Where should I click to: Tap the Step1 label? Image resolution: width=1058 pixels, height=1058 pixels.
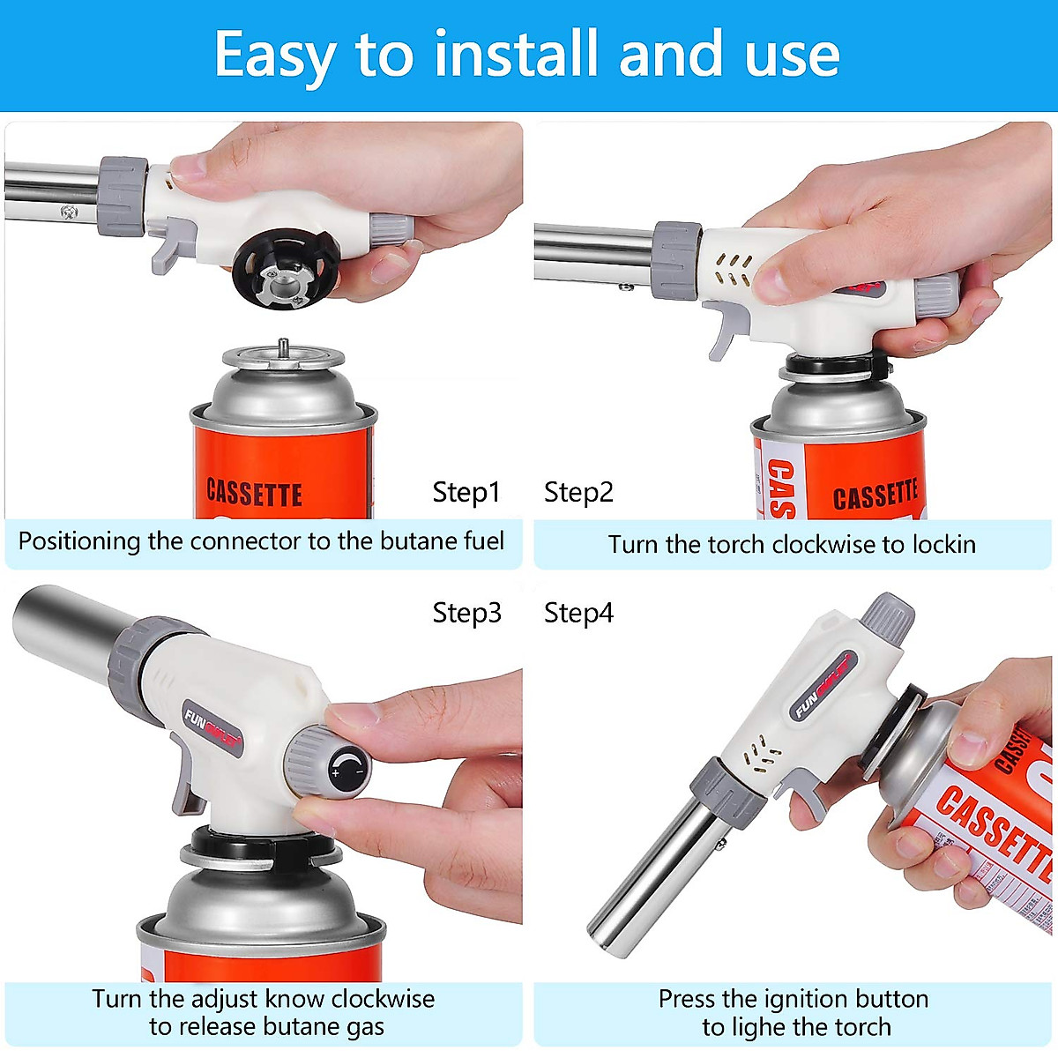[x=466, y=492]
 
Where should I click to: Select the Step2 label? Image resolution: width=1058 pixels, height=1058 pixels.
[x=578, y=492]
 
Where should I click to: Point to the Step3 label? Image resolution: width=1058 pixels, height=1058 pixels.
[x=466, y=612]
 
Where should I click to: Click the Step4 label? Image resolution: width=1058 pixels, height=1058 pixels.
[x=578, y=612]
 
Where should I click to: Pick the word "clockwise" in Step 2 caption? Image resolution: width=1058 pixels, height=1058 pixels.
[x=826, y=544]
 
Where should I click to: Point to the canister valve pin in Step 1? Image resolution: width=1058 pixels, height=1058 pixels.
[x=282, y=346]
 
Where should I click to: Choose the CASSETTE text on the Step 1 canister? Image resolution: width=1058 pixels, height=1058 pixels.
[x=254, y=493]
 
